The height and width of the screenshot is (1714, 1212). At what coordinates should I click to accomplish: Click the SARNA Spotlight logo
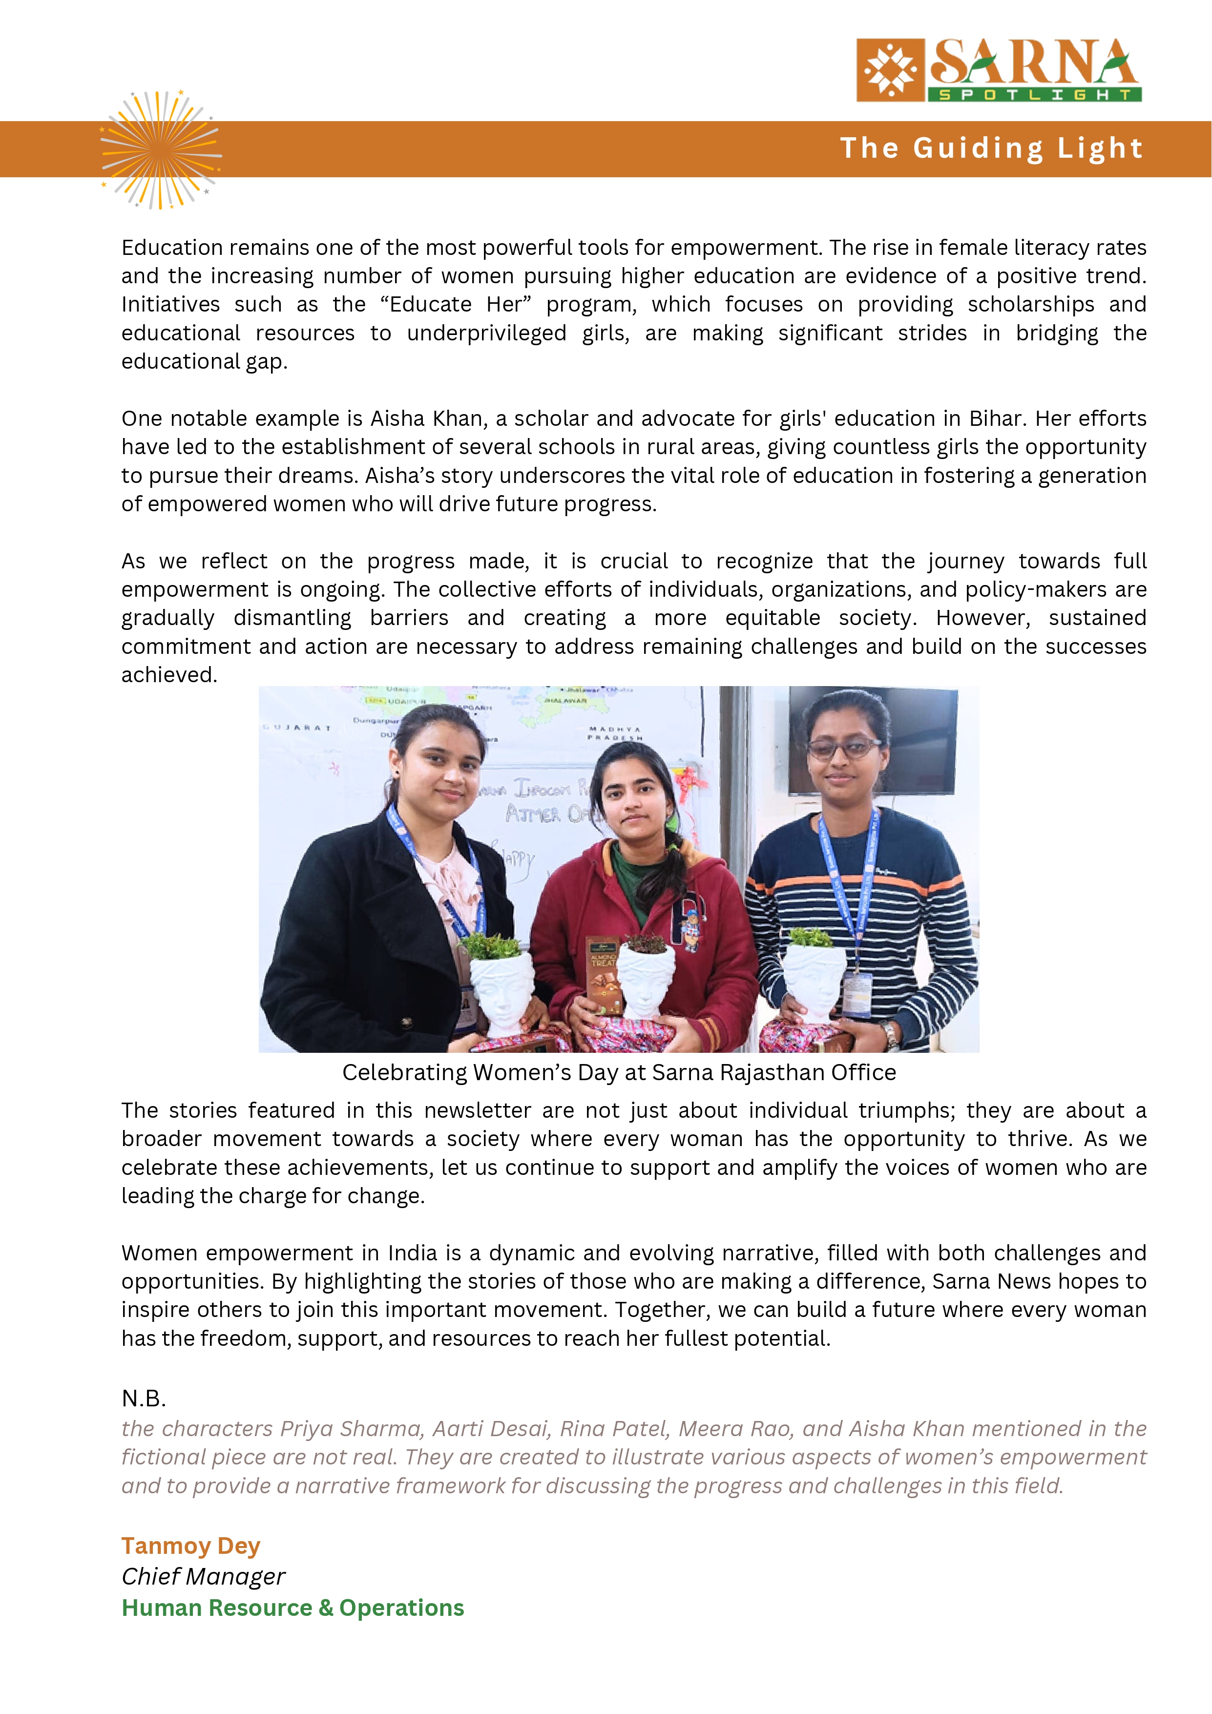click(999, 70)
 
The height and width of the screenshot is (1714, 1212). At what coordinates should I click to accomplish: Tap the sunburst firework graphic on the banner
click(161, 149)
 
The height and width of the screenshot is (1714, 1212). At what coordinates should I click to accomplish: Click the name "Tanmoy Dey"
click(190, 1546)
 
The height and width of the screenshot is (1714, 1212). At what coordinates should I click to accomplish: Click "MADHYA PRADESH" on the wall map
click(614, 733)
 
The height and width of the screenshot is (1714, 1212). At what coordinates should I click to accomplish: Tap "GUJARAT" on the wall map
click(296, 727)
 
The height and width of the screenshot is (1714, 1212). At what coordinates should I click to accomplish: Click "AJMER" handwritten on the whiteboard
click(533, 813)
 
